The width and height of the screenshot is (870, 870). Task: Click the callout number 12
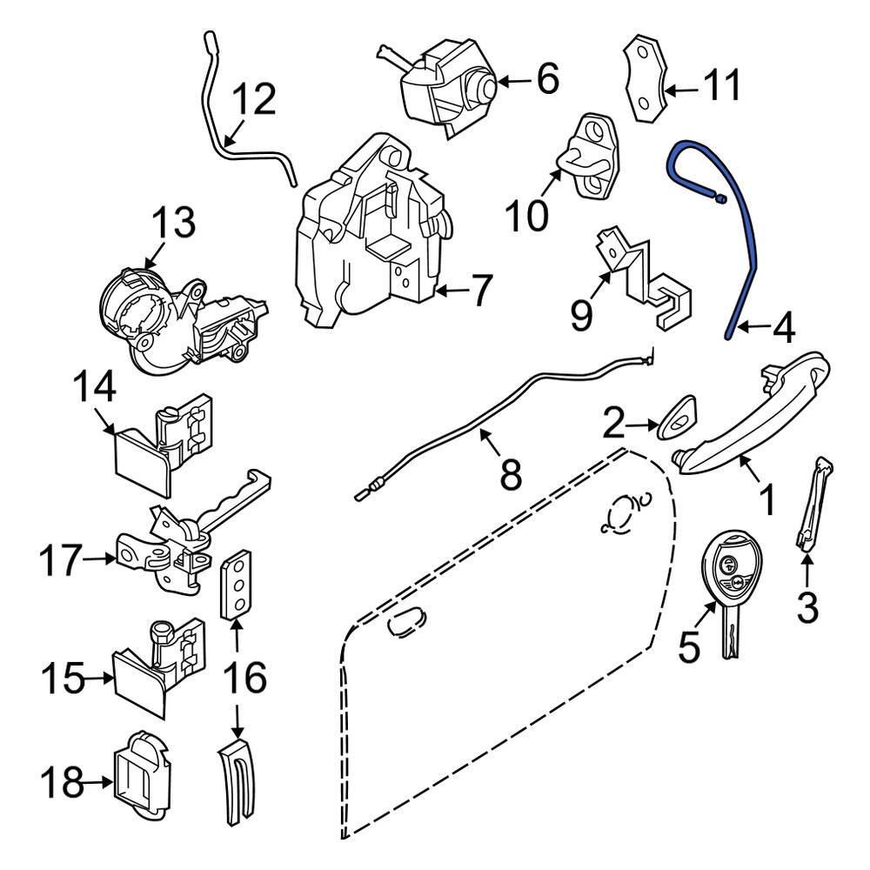tap(253, 101)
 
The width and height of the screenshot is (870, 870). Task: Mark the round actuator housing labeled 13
tap(174, 318)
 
